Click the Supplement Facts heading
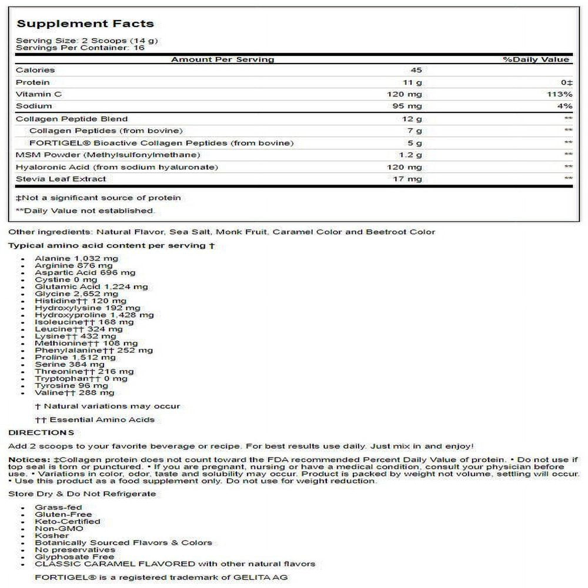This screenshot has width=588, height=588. coord(85,24)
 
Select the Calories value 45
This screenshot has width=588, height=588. coord(416,70)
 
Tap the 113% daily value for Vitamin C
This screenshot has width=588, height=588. coord(560,94)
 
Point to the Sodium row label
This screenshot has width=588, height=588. coord(34,106)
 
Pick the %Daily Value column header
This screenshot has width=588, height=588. coord(536,59)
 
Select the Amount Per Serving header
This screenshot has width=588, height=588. coord(222,59)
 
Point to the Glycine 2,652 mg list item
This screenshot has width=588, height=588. coord(76,293)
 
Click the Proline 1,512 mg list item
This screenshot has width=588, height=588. coord(75,357)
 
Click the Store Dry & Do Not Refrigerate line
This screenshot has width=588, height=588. coord(82,493)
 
